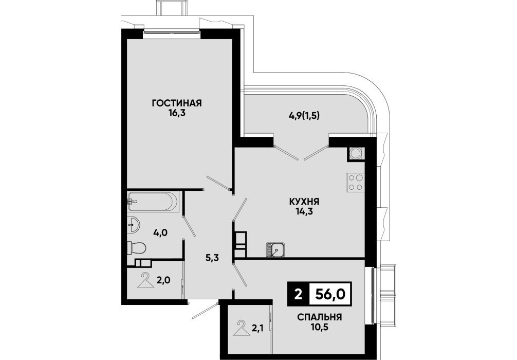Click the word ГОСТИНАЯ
coord(176,103)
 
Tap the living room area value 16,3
coord(176,114)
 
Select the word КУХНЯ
coord(304,201)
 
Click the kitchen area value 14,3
coord(304,211)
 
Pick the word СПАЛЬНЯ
coord(320,317)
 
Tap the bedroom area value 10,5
coord(320,327)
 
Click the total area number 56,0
coord(330,294)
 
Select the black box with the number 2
coord(299,294)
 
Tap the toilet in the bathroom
coord(137,248)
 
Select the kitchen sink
coord(275,249)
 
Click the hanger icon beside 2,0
coord(146,281)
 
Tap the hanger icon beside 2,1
coord(242,328)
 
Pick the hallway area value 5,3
coord(213,258)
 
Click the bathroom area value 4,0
coord(160,232)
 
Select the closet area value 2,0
coord(163,281)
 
